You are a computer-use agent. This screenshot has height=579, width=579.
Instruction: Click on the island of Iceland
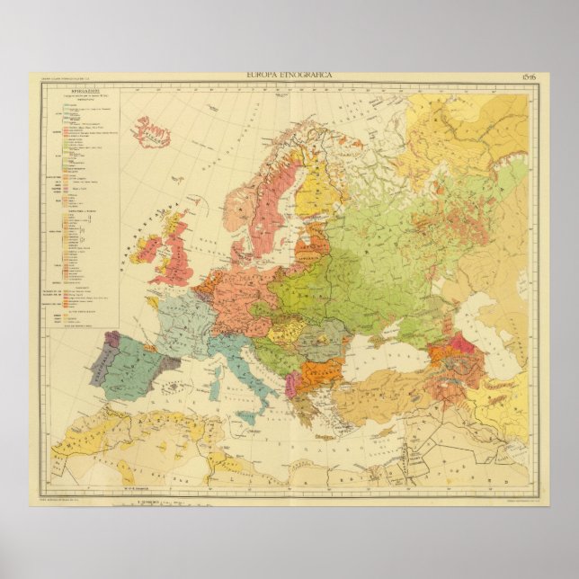coord(151,133)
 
